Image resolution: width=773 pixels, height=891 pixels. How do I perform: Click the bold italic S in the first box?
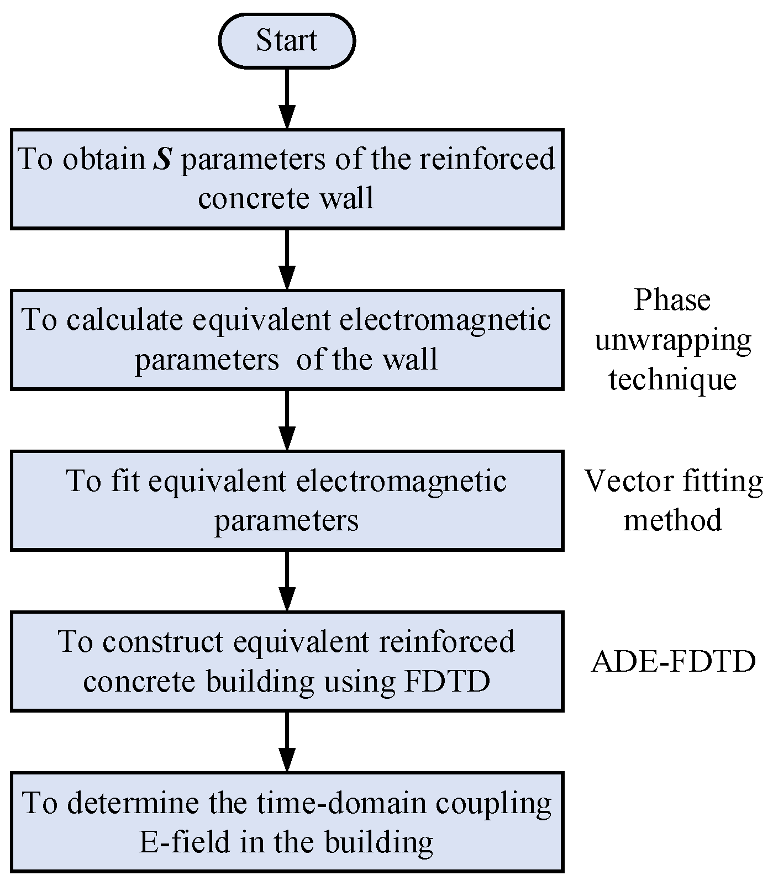tap(163, 160)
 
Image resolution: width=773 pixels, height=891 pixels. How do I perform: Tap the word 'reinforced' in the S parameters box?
tap(486, 160)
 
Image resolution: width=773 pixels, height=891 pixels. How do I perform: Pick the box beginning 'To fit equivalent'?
tap(286, 500)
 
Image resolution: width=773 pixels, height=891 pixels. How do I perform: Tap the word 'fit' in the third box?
tap(124, 481)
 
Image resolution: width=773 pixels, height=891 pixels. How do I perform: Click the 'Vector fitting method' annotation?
tap(672, 500)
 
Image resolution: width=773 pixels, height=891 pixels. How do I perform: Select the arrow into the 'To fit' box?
tap(286, 420)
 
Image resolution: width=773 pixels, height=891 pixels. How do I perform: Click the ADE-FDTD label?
tap(672, 661)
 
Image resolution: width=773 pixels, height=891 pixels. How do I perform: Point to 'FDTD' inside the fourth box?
tap(448, 682)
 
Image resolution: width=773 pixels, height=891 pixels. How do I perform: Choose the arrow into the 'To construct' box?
tap(286, 581)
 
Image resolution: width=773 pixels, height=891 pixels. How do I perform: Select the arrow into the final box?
tap(286, 741)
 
